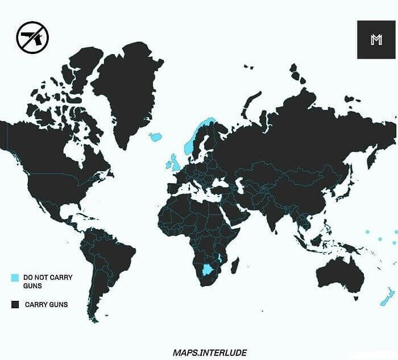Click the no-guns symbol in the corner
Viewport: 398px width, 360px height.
32,38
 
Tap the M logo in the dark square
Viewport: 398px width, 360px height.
375,39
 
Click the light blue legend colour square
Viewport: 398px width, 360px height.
15,278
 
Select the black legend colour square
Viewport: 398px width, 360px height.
15,305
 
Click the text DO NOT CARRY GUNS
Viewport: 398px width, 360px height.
48,282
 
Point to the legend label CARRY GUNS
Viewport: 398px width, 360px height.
46,305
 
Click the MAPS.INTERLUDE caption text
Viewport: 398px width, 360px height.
210,353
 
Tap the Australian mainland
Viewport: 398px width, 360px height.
339,276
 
